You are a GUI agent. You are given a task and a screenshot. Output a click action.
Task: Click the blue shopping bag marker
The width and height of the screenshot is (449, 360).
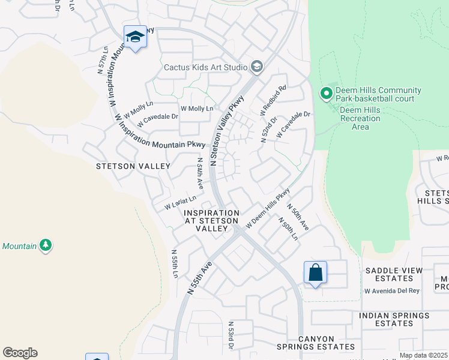pos(315,273)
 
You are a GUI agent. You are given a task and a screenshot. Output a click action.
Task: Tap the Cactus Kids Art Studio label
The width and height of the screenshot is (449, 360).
pos(206,67)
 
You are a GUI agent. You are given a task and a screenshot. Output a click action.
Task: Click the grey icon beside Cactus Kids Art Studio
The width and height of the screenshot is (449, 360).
pos(257,67)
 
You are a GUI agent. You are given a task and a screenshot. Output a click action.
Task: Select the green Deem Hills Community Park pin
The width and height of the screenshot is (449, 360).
pos(326,94)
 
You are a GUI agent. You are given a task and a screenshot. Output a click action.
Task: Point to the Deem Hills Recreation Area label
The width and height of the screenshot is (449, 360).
pos(360,118)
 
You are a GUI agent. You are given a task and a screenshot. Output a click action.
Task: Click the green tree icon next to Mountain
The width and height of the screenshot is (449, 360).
pos(45,245)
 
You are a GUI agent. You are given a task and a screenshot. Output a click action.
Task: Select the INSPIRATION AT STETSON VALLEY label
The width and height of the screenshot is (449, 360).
pos(211,221)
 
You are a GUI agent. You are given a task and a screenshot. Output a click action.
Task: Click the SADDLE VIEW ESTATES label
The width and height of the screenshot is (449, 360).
pos(393,274)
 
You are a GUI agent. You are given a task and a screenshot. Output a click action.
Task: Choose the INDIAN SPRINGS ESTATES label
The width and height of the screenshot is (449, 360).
pos(394,319)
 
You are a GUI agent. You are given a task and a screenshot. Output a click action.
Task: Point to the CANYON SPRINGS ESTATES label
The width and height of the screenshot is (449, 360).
pos(316,342)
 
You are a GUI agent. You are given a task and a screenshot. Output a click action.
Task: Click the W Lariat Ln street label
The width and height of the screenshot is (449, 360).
pos(181,202)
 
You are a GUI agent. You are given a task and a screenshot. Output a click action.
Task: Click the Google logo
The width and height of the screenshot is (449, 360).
pos(20,353)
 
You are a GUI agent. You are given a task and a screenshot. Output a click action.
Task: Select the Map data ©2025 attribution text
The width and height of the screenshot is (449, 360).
pos(423,355)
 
